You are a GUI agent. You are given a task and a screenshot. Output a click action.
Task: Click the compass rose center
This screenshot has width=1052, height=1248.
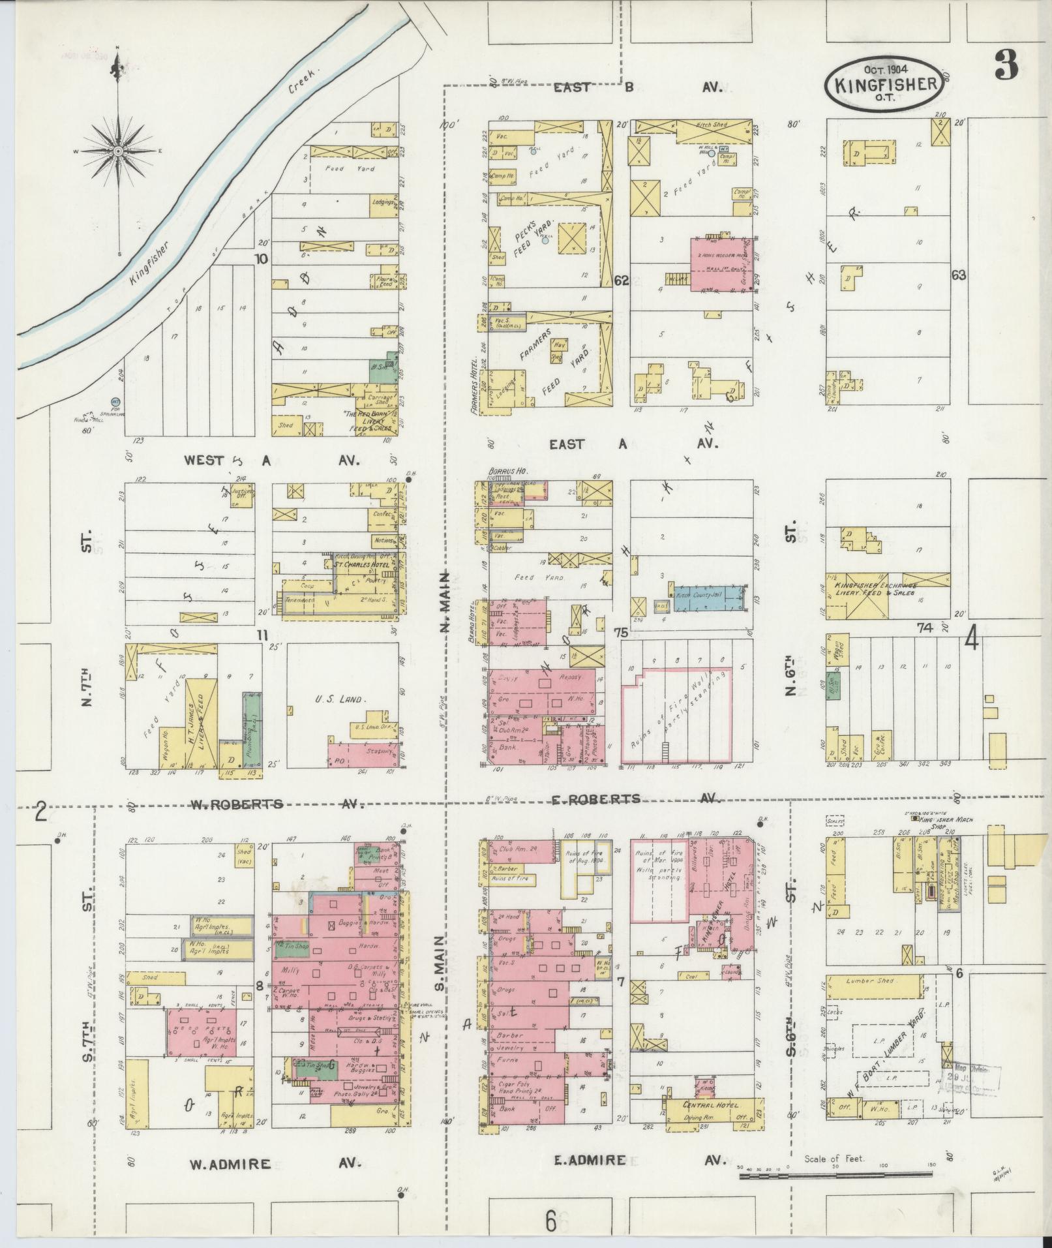tap(119, 151)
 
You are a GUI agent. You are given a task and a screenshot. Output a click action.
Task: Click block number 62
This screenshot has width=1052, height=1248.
tap(621, 281)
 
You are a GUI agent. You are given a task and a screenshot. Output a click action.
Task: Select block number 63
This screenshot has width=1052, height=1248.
tap(958, 275)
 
